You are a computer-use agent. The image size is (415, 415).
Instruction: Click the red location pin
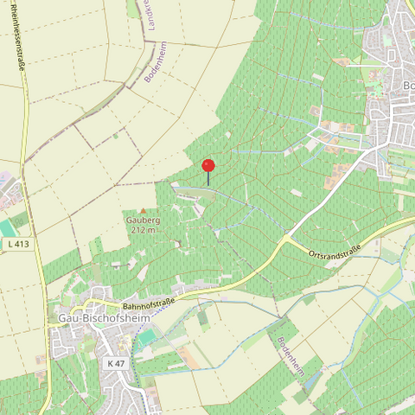[208, 165]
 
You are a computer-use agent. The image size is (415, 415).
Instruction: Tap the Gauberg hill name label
[144, 220]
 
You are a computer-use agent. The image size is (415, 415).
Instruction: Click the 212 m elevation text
[144, 230]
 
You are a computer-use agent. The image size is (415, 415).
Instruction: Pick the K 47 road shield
[118, 363]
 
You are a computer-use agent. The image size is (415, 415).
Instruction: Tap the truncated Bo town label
[408, 85]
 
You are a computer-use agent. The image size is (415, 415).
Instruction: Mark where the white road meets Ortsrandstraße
[288, 235]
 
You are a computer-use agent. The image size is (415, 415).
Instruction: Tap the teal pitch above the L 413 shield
[7, 227]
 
